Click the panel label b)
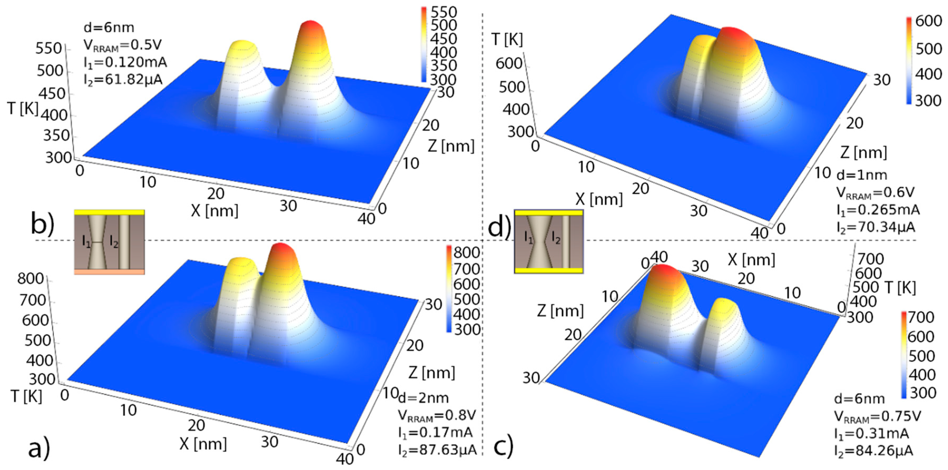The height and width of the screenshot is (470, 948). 42,223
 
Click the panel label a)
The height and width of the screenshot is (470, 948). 39,448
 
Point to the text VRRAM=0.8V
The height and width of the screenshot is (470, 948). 437,415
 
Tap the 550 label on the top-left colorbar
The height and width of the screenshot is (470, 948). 444,12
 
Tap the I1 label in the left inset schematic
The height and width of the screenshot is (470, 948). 86,242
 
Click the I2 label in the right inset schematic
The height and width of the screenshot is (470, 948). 556,238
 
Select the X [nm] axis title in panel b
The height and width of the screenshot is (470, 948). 214,211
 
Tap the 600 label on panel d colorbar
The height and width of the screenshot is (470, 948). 929,21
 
